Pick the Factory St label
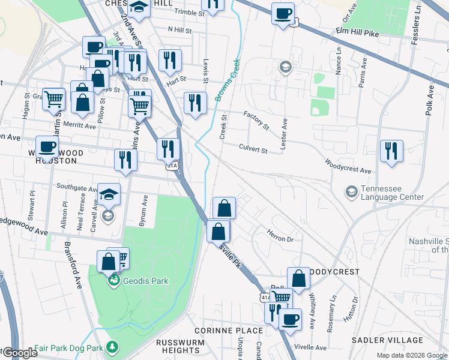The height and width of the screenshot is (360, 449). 256,121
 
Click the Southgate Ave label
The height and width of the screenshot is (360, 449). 77,188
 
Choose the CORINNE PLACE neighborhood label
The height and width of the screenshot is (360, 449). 228,331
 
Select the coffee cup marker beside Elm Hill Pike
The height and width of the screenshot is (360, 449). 283,13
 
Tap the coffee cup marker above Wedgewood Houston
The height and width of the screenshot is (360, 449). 47,146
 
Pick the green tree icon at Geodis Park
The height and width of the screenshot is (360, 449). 113,280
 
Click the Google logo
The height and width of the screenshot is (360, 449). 19,353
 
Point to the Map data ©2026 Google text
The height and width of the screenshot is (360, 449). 411,355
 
